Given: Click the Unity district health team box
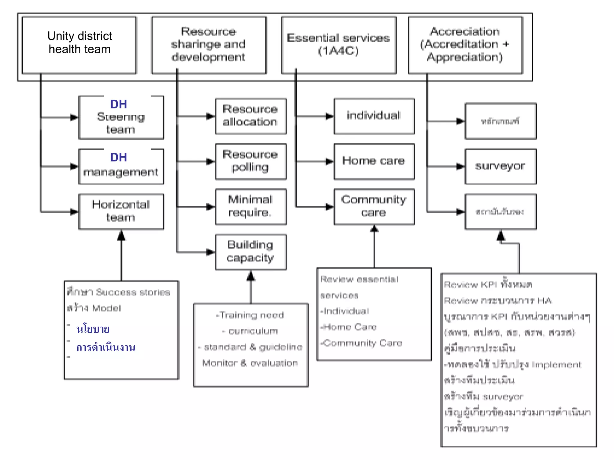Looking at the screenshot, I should pyautogui.click(x=79, y=45).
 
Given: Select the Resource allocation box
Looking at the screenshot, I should pyautogui.click(x=251, y=116).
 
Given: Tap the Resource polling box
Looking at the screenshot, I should pyautogui.click(x=251, y=161).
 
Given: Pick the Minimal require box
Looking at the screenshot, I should pyautogui.click(x=251, y=207).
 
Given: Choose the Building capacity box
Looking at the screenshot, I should pyautogui.click(x=251, y=252).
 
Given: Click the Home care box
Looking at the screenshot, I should pyautogui.click(x=374, y=161).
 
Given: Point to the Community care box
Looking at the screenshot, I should pyautogui.click(x=374, y=207).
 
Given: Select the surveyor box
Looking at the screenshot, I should pyautogui.click(x=500, y=166).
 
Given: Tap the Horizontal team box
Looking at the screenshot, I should pyautogui.click(x=121, y=211).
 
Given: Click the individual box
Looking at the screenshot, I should pyautogui.click(x=374, y=116).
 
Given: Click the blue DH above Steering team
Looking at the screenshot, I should pyautogui.click(x=119, y=104).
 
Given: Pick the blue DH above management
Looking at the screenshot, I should pyautogui.click(x=119, y=157).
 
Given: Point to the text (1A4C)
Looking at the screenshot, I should pyautogui.click(x=338, y=51).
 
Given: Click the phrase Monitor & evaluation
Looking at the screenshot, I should pyautogui.click(x=250, y=363).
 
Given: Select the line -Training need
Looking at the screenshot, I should pyautogui.click(x=250, y=315).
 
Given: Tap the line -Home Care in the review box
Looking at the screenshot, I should pyautogui.click(x=348, y=327).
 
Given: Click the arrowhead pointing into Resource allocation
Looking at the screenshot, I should pyautogui.click(x=211, y=116).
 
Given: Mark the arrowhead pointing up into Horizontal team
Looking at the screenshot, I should pyautogui.click(x=121, y=236).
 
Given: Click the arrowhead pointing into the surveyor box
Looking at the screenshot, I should pyautogui.click(x=460, y=166).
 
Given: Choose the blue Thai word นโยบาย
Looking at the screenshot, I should pyautogui.click(x=93, y=329).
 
